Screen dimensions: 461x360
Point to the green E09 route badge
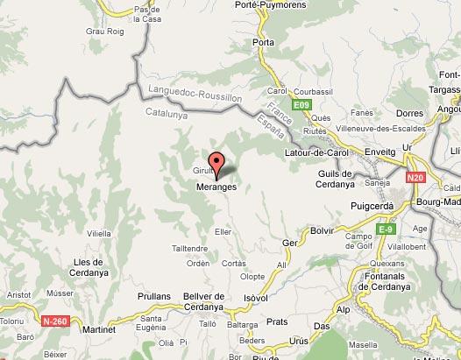coord(301,106)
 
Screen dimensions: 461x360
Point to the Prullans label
coord(153,297)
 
